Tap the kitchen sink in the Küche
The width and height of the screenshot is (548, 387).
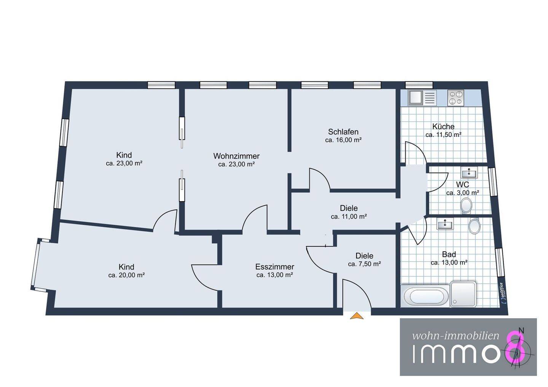coord(422,98)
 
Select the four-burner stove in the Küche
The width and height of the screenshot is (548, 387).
coord(456,98)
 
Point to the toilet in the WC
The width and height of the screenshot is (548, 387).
coord(466,205)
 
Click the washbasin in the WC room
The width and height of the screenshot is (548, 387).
coord(469,173)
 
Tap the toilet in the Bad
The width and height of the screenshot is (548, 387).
coord(474,226)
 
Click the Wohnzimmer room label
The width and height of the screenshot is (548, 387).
coord(236,156)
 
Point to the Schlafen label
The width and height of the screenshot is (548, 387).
coord(343,132)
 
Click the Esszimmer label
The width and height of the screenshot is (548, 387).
coord(275,266)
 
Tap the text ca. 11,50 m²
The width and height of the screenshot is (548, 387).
coord(443,135)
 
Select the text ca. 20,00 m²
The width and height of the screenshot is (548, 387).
coord(126,275)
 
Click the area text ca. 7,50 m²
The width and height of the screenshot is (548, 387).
coord(364,264)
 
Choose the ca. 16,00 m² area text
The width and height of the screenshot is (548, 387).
coord(343,140)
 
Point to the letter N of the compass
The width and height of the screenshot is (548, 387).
coord(521,331)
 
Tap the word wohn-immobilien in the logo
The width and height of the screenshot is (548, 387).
coord(456,336)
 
